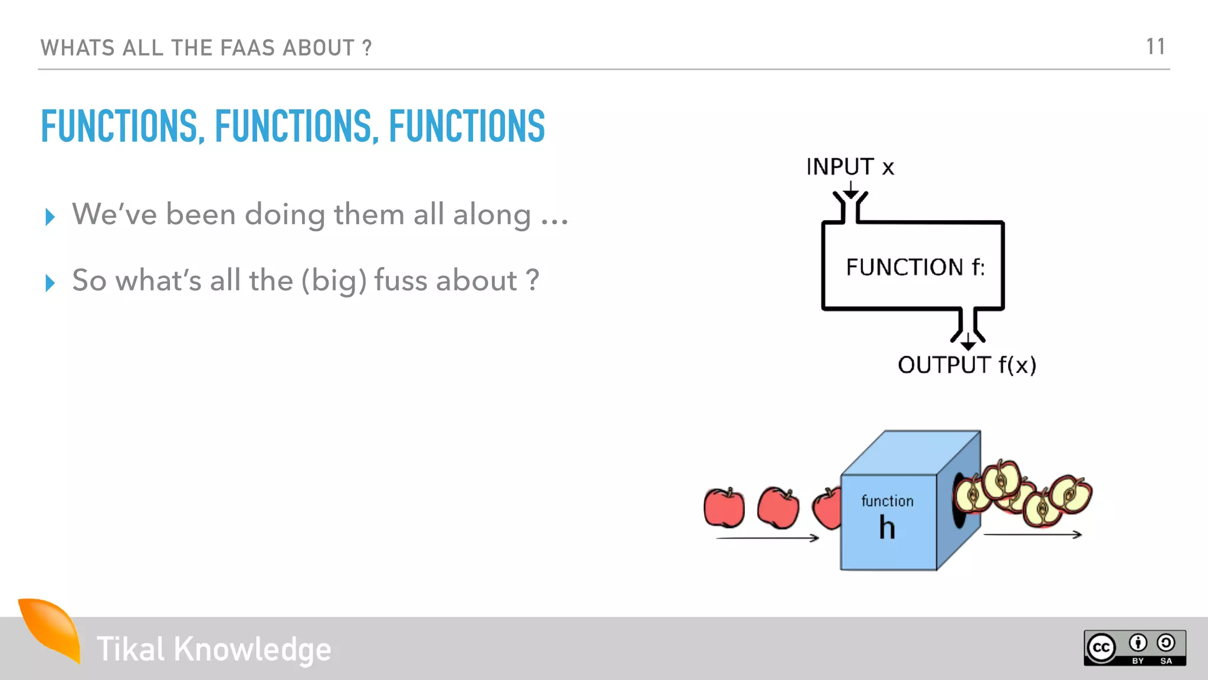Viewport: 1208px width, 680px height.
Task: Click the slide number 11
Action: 1155,47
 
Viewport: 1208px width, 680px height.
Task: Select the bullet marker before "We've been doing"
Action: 50,217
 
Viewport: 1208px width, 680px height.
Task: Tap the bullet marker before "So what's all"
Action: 50,283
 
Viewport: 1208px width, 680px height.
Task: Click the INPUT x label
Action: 850,167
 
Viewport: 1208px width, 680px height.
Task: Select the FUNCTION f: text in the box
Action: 915,267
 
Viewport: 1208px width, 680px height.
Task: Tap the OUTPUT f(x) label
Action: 967,365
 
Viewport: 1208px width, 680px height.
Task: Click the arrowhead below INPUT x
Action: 851,194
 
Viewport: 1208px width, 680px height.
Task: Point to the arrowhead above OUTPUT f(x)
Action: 968,344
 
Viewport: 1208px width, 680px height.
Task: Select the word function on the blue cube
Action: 887,501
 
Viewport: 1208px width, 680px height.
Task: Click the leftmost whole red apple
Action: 724,508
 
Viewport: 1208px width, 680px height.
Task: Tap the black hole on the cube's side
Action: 958,502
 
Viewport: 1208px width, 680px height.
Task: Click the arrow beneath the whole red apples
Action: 767,538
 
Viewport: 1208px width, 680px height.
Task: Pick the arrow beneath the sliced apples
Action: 1032,535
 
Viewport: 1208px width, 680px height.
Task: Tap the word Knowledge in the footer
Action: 252,649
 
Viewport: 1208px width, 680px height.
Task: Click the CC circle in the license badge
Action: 1101,648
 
